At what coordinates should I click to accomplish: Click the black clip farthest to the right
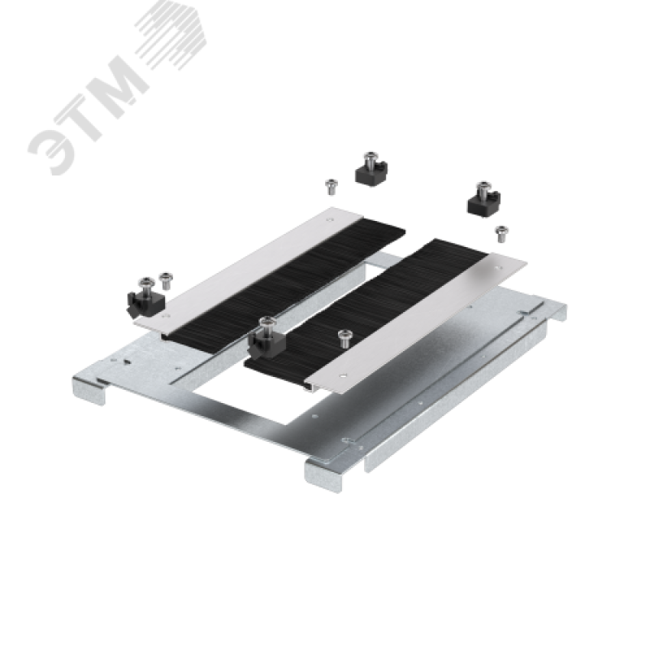[x=483, y=200]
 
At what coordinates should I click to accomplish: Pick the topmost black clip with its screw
[x=371, y=169]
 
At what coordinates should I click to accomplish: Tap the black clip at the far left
[x=145, y=298]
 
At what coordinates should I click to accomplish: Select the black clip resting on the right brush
[x=266, y=339]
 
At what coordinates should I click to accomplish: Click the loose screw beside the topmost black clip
[x=331, y=187]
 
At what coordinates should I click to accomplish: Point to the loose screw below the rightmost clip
[x=501, y=234]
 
